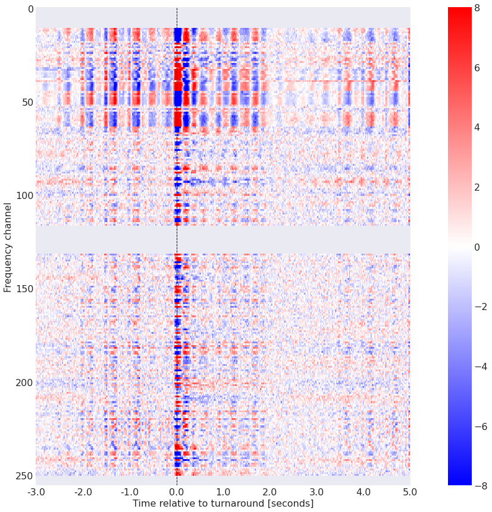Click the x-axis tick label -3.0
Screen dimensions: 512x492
point(36,492)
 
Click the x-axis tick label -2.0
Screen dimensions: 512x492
point(83,492)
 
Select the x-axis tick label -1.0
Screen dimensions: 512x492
point(129,492)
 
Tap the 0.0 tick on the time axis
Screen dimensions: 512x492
point(177,492)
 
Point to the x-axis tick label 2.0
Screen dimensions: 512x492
point(270,492)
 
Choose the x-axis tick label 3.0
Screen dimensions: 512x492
point(316,492)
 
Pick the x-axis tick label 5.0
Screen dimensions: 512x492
point(410,492)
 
